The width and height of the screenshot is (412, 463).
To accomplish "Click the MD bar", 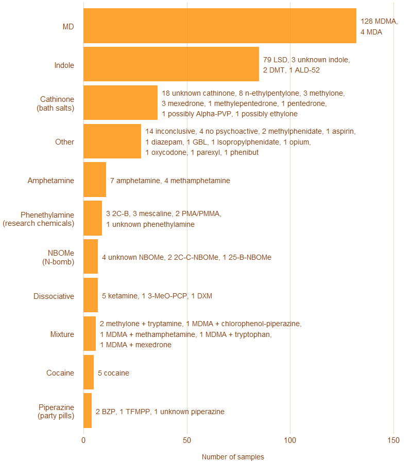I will point(219,26).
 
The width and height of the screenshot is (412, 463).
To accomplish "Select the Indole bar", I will point(171,64).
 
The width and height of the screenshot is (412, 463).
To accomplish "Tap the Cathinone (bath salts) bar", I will point(121,103).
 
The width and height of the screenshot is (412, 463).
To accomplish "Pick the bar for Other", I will point(112,141).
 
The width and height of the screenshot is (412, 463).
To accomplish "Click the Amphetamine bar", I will point(95,180).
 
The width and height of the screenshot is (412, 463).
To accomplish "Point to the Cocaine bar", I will point(89,372).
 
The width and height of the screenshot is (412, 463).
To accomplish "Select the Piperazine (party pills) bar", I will point(88,411).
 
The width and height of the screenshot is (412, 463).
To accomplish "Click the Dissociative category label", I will point(54,296).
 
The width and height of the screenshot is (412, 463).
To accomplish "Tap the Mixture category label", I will point(62,334).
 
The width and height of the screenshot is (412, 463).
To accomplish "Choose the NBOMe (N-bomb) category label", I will point(58,257).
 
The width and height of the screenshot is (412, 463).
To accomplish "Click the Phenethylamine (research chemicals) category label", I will point(39,219).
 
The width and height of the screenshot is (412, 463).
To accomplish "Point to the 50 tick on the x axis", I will point(187,440).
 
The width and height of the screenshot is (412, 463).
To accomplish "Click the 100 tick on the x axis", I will point(290,440).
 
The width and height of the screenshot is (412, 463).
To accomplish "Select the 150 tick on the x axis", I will point(393,440).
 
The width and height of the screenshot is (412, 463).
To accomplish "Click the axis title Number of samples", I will point(233,457).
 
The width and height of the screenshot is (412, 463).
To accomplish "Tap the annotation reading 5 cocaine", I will point(113,373).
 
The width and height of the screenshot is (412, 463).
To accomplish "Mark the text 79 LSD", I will point(274,60).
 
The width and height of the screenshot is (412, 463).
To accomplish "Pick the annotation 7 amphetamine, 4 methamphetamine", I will point(170,181).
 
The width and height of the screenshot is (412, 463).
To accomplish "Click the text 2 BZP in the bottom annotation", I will point(106,412).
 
